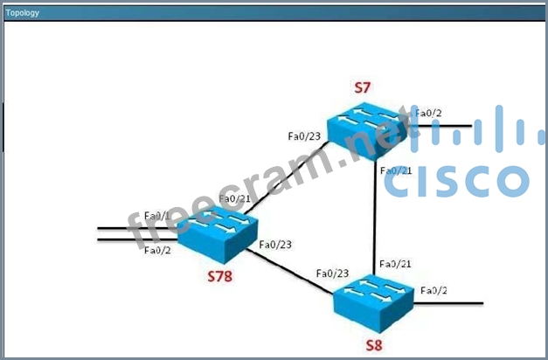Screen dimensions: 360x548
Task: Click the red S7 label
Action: (363, 87)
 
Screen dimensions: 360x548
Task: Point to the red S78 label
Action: (222, 276)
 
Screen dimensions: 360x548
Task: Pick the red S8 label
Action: (374, 344)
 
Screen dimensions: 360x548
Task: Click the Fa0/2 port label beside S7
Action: (427, 114)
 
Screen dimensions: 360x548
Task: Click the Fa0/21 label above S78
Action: (235, 198)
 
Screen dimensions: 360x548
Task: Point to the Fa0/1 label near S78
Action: (157, 216)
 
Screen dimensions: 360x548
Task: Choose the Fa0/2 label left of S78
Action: (157, 251)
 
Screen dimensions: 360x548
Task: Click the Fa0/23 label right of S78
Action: (276, 245)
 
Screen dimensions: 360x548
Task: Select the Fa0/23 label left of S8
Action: (333, 273)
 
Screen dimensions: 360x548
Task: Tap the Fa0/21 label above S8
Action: (394, 263)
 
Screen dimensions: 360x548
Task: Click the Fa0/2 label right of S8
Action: (434, 290)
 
